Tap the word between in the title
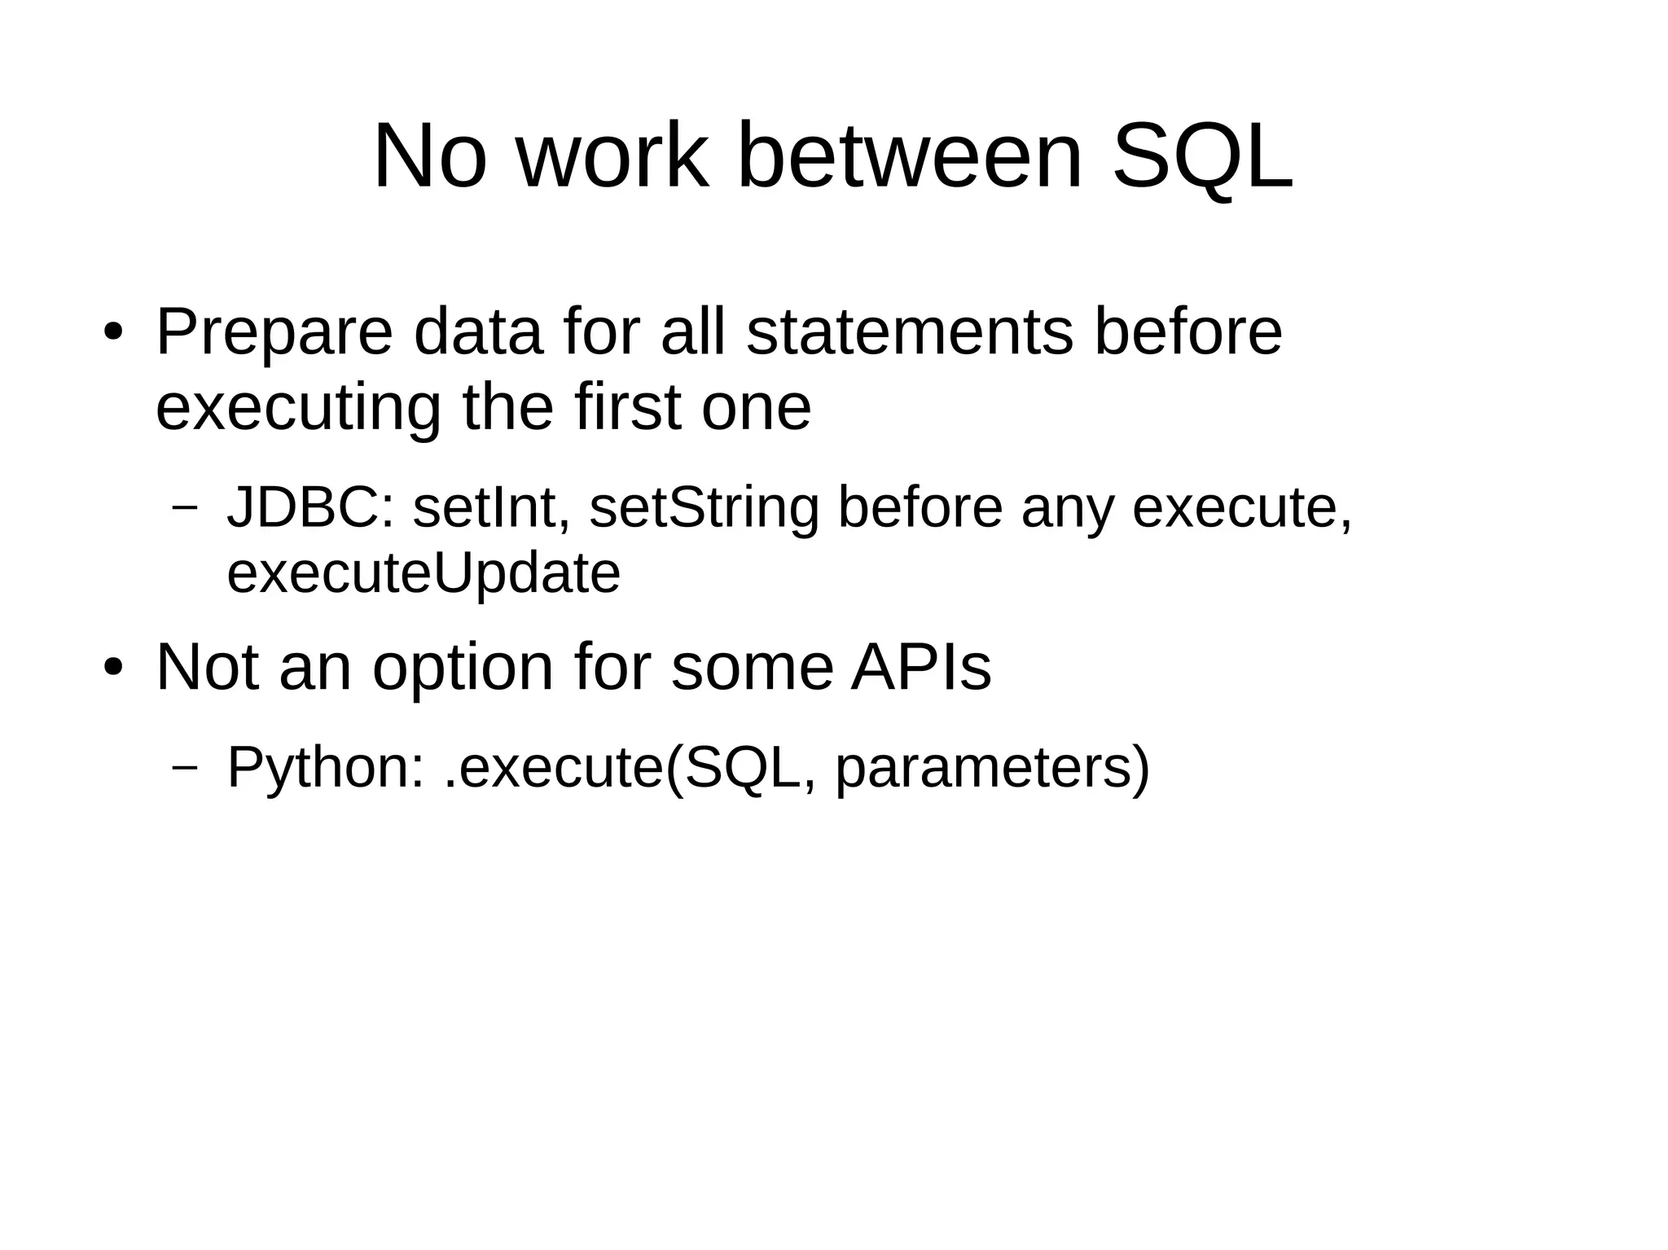pos(909,157)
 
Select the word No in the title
pos(430,157)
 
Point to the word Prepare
pos(274,334)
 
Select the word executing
pos(298,409)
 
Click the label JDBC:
pos(310,507)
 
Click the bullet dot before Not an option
pos(113,667)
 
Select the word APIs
pos(920,667)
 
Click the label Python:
pos(326,768)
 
